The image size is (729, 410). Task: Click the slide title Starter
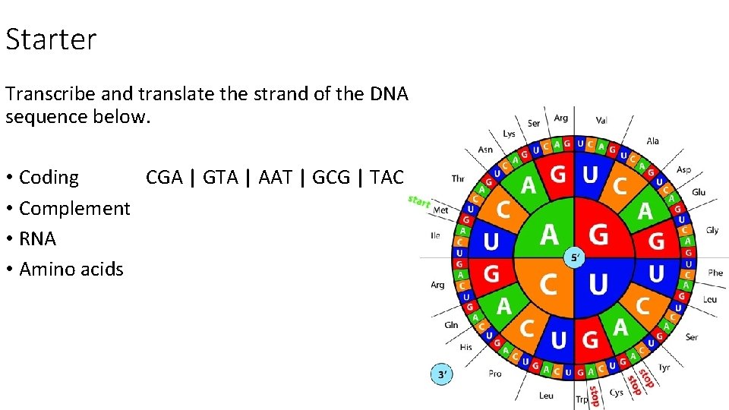click(x=51, y=39)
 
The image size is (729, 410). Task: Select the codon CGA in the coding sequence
click(x=164, y=178)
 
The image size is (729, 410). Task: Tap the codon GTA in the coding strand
click(x=220, y=178)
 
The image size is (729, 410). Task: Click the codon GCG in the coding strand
click(x=332, y=178)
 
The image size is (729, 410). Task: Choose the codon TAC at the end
click(x=387, y=178)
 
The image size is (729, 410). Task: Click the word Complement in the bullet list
click(x=74, y=208)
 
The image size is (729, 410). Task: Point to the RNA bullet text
click(x=37, y=238)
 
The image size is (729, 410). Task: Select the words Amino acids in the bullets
click(x=71, y=269)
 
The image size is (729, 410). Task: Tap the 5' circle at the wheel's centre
click(x=575, y=257)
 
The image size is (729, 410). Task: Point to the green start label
click(x=419, y=201)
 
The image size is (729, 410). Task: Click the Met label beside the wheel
click(x=440, y=210)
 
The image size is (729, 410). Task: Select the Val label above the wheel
click(x=601, y=120)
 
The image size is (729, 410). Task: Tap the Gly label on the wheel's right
click(x=712, y=230)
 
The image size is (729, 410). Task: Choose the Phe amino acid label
click(x=715, y=272)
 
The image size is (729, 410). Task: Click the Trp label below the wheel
click(x=582, y=399)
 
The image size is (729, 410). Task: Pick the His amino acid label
click(x=465, y=347)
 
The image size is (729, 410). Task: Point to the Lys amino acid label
click(x=509, y=134)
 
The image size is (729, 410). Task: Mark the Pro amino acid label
click(x=495, y=373)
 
